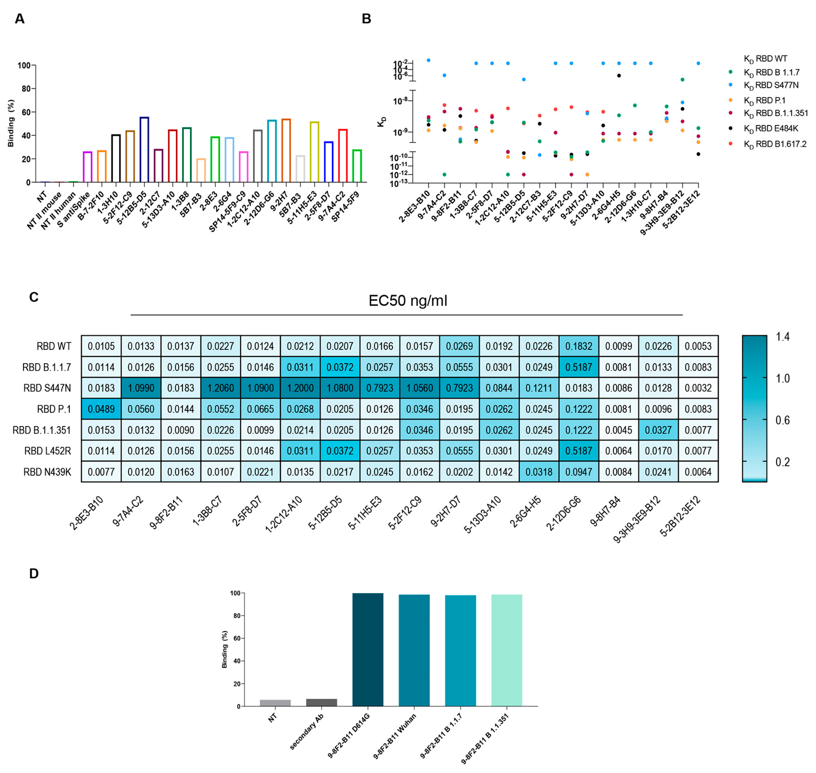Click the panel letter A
click(19, 19)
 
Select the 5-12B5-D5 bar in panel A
click(144, 150)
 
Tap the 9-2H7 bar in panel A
click(286, 150)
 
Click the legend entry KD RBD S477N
click(771, 85)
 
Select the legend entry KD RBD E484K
click(771, 129)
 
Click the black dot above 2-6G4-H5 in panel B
click(619, 75)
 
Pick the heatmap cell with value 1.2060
click(220, 388)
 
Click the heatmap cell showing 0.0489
click(101, 409)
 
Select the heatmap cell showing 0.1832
click(579, 346)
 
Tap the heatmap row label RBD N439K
click(47, 472)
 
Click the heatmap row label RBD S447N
click(47, 388)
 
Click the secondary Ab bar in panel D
click(321, 702)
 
